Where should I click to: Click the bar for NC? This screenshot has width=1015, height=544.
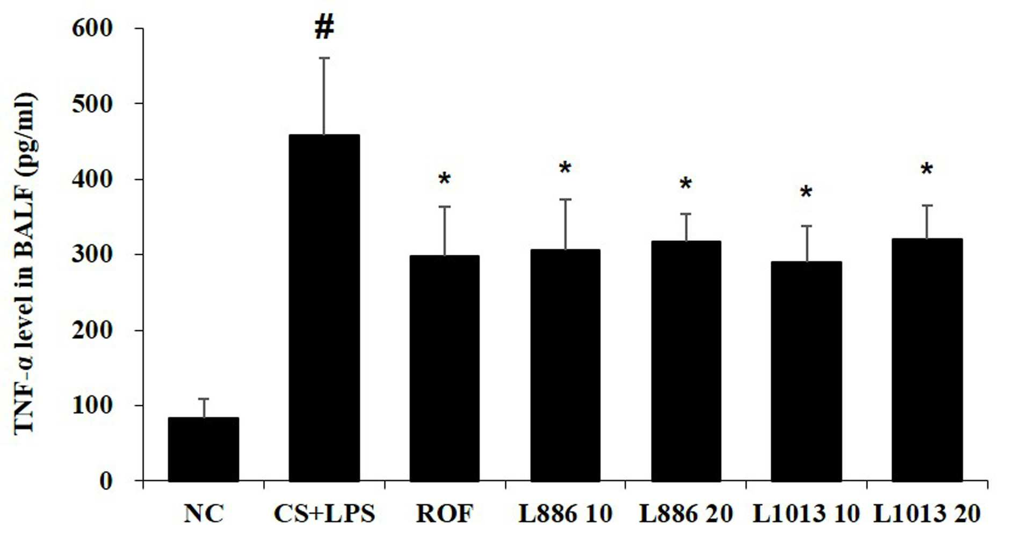[204, 449]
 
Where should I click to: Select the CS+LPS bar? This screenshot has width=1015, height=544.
[324, 307]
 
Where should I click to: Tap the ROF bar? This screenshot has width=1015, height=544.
[445, 368]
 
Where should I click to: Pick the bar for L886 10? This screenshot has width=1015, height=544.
[565, 365]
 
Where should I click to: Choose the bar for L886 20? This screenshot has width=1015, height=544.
[686, 361]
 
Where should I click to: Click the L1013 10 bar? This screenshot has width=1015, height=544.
[806, 371]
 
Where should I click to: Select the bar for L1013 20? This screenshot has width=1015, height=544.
[927, 360]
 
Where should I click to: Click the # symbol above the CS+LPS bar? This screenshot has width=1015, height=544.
[324, 27]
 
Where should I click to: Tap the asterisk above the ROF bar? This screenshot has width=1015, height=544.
[445, 179]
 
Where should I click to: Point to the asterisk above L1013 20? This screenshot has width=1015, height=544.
[927, 170]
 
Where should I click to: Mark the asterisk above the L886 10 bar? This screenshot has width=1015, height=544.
[565, 168]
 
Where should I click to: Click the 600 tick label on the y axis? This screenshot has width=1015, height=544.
[92, 28]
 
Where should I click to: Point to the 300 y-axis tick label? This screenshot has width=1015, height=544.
[92, 254]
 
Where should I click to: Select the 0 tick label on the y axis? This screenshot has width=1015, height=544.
[106, 481]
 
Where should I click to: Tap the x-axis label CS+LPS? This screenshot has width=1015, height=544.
[324, 514]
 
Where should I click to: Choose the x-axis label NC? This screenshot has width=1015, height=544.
[204, 514]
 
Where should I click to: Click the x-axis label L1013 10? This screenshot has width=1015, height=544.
[806, 514]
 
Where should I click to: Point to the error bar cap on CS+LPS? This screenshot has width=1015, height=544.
[324, 58]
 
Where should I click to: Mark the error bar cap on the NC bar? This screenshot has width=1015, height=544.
[204, 399]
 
